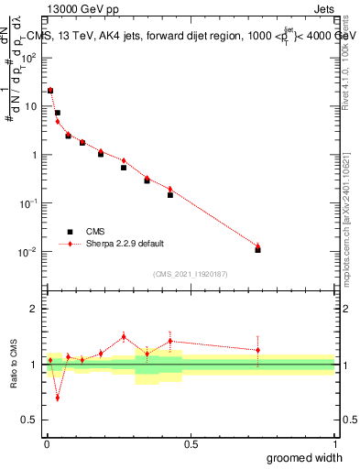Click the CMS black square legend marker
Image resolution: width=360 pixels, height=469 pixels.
pyautogui.click(x=69, y=232)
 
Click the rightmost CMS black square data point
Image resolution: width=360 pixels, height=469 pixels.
pyautogui.click(x=257, y=250)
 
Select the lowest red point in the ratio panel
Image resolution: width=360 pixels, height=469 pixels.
pyautogui.click(x=57, y=398)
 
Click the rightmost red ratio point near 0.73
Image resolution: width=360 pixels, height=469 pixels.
pyautogui.click(x=257, y=350)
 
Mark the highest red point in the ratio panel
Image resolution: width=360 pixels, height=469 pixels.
pyautogui.click(x=124, y=336)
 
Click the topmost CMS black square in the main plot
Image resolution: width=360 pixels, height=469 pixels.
pyautogui.click(x=50, y=91)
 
